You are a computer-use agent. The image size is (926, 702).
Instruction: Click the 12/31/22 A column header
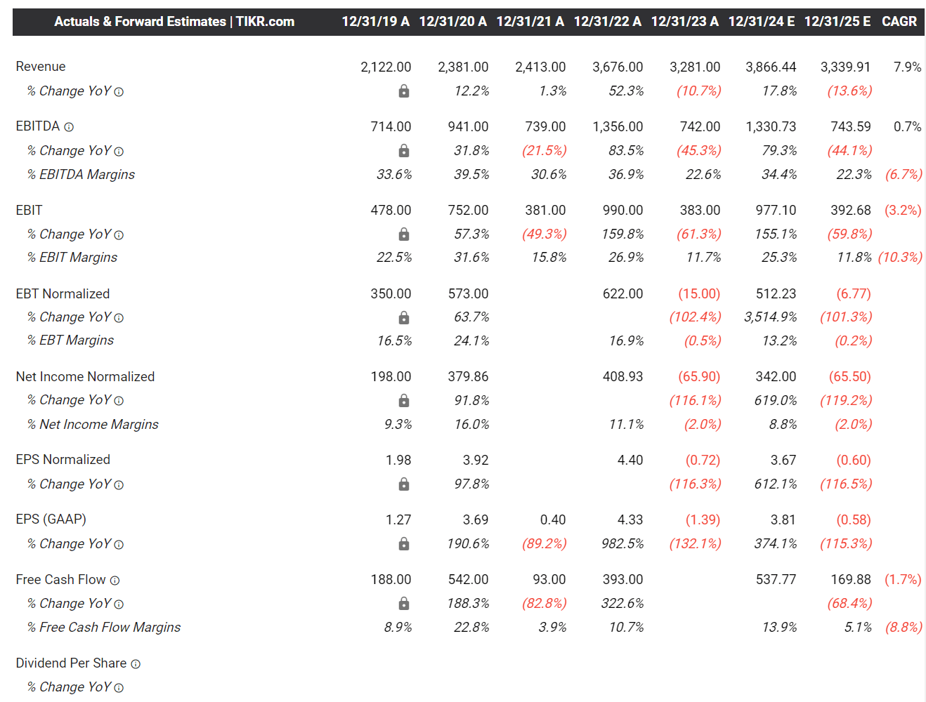607,22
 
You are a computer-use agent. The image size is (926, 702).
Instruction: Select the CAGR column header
899,22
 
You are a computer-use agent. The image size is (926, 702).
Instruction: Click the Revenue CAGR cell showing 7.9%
907,67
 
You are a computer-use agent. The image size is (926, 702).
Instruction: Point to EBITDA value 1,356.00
617,126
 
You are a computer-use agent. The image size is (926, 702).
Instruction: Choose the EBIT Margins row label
72,258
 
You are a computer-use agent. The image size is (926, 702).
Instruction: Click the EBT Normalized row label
63,293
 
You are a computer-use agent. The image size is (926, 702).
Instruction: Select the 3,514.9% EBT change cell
770,317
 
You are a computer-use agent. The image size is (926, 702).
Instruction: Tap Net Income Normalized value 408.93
622,376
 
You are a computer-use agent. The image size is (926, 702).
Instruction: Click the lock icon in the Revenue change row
404,91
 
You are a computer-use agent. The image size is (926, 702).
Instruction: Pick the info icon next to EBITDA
69,127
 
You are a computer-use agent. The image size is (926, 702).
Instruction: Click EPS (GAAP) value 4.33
630,519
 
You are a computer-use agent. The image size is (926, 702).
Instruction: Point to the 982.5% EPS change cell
622,544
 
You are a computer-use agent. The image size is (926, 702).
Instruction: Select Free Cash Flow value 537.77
776,579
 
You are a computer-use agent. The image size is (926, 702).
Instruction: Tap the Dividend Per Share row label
71,663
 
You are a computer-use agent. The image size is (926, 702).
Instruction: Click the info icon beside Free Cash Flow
115,581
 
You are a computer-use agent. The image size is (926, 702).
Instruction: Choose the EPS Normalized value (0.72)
703,460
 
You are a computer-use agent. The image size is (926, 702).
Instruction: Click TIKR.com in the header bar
265,22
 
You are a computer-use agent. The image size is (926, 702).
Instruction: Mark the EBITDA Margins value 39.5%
471,174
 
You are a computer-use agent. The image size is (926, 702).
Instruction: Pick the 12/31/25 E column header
837,22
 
